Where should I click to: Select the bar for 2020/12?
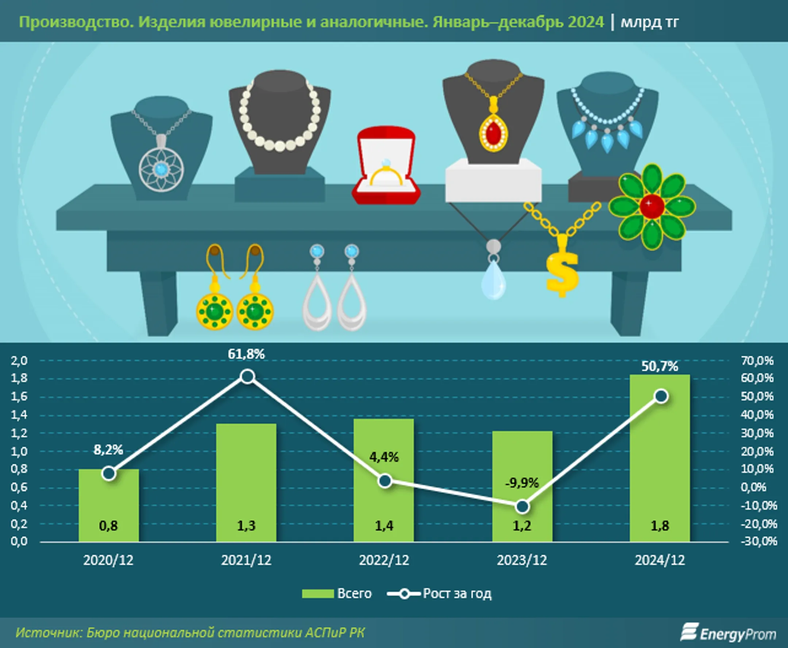coord(109,504)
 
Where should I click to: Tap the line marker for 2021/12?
coord(247,376)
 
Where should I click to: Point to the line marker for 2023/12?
coord(522,506)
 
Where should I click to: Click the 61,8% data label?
coord(246,354)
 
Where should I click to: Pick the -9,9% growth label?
coord(522,483)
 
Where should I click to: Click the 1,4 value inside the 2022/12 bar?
coord(384,525)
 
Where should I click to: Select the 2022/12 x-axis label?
coord(384,560)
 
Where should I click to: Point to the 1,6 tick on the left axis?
coord(19,396)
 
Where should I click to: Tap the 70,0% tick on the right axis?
coord(757,360)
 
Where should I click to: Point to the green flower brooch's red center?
coord(652,206)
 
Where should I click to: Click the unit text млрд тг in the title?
coord(649,22)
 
